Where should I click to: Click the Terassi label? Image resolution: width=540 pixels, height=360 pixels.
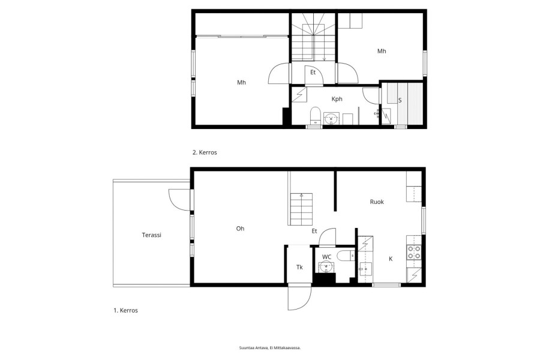(152, 235)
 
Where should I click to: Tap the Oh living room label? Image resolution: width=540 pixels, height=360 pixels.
(240, 229)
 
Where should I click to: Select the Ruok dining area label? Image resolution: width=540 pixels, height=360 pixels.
(377, 202)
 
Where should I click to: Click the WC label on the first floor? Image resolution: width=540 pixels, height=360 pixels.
(326, 257)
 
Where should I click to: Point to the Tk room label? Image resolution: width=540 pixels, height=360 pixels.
(299, 267)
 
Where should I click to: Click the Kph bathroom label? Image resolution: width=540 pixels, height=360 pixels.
(337, 99)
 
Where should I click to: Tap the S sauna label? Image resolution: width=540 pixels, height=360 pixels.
(400, 100)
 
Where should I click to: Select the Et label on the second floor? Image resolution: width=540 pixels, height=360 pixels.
(313, 73)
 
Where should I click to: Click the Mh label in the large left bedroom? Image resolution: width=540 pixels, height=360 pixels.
(241, 82)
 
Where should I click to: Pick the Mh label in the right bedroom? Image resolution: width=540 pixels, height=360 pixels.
(382, 52)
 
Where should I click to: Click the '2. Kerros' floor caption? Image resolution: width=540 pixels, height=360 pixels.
(205, 152)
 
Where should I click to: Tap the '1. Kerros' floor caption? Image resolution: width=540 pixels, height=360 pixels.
(126, 310)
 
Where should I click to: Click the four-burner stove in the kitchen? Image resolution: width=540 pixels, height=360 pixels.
(414, 252)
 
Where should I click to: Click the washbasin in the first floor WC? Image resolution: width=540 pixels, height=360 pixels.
(326, 266)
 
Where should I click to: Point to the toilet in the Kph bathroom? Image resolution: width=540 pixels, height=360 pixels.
(315, 115)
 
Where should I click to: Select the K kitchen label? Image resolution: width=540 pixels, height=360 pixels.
(391, 259)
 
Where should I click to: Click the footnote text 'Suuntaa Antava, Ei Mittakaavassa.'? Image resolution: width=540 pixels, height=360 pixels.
(270, 348)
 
